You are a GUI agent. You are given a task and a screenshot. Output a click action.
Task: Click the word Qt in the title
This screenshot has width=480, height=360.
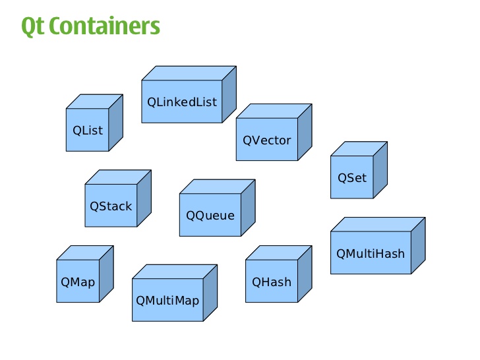tap(32, 26)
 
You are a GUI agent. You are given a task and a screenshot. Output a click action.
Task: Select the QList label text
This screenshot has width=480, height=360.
tap(88, 130)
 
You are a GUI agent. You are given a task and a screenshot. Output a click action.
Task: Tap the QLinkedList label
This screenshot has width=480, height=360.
tap(182, 102)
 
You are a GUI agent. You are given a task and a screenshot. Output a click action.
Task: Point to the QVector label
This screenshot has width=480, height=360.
tap(267, 140)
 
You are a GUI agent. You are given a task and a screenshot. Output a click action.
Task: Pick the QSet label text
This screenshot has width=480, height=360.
tap(352, 177)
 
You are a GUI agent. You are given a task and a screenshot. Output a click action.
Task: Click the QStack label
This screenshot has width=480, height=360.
tap(111, 206)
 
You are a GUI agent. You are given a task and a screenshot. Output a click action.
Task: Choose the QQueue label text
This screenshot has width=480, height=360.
tap(210, 215)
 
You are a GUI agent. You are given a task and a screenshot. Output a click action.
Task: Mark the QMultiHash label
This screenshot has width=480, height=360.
tap(371, 253)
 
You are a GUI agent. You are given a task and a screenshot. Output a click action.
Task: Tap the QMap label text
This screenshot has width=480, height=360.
tap(78, 282)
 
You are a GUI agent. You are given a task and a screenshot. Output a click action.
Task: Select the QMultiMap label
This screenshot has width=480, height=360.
tap(167, 301)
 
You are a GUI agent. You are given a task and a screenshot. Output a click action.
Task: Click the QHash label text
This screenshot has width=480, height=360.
tap(272, 282)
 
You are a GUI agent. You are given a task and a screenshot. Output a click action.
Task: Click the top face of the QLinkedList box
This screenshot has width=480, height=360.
tap(189, 73)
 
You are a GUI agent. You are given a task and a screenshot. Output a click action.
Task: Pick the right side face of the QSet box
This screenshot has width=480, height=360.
tap(380, 169)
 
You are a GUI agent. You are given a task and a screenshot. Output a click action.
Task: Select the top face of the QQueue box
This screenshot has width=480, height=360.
tap(218, 186)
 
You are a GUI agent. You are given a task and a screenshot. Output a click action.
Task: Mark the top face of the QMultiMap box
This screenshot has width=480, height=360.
tap(175, 272)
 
